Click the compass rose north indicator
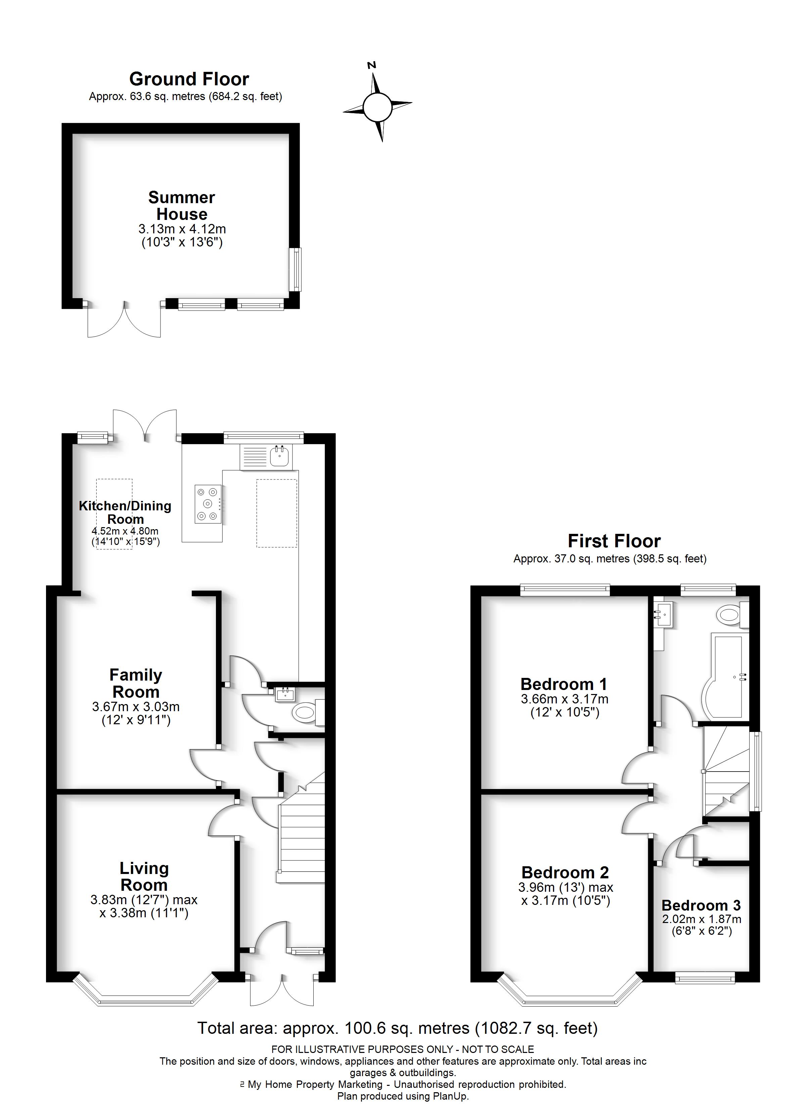pyautogui.click(x=372, y=65)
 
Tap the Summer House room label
pyautogui.click(x=181, y=206)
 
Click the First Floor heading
pyautogui.click(x=614, y=541)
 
